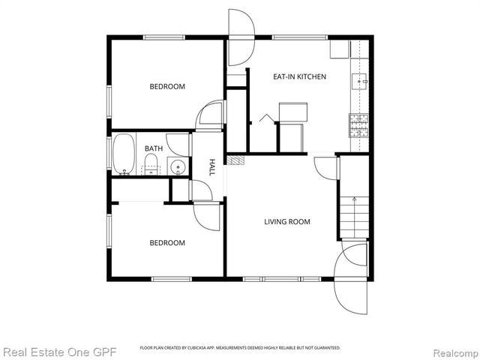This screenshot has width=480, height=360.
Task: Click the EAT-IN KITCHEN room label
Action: coord(299,76)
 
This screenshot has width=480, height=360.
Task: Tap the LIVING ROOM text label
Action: coord(286,221)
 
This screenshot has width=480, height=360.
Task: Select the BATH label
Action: coord(153,148)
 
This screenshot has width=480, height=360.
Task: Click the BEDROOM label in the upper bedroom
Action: coord(166,86)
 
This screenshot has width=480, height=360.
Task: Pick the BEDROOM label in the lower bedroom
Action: coord(166,242)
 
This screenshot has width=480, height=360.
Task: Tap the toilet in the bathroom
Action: coord(151,164)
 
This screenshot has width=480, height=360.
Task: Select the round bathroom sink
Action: coord(178,166)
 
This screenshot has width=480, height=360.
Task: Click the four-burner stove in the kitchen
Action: coord(359,124)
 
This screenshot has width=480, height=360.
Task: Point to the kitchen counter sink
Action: coord(361,79)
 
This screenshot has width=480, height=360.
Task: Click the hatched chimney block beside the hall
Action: coord(235,160)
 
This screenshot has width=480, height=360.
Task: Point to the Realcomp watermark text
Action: coord(451,351)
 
